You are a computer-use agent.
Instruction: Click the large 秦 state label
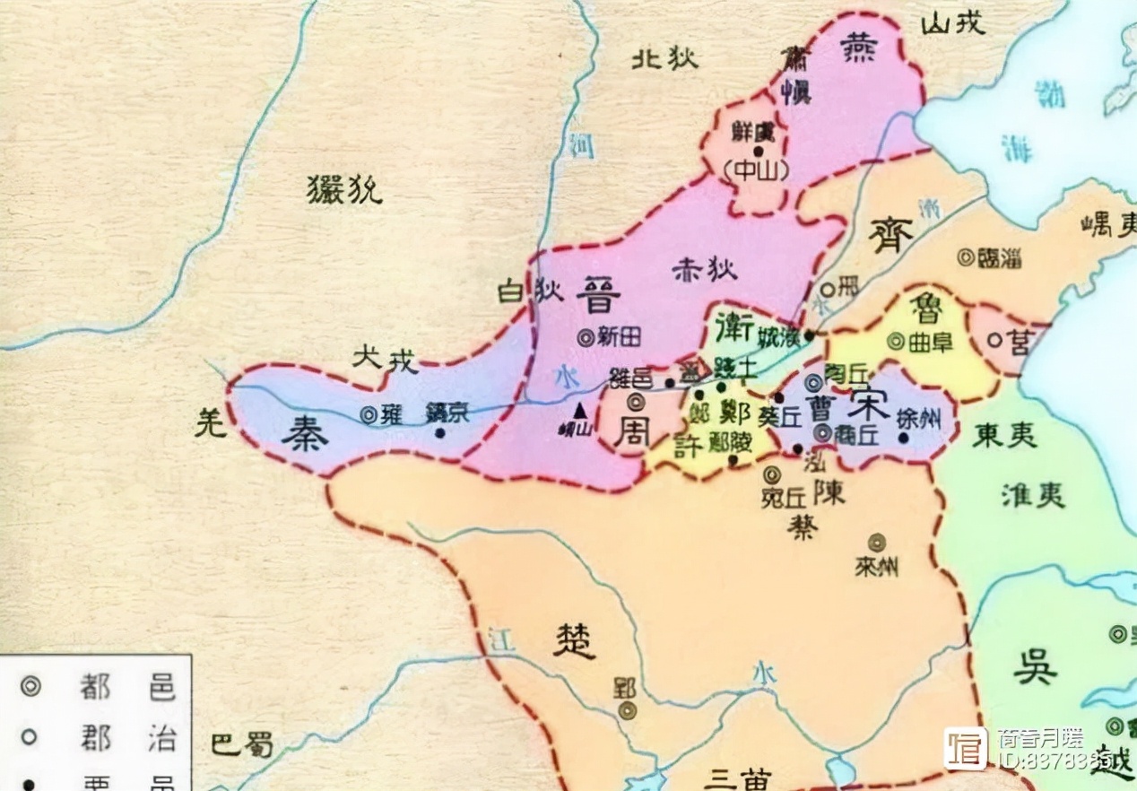(x=305, y=435)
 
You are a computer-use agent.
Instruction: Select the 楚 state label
(x=574, y=640)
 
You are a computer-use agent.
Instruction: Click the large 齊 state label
(x=890, y=235)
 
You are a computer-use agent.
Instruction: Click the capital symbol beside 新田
(x=586, y=337)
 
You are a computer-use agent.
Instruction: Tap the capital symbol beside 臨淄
(x=966, y=257)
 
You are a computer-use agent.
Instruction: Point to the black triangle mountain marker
(x=581, y=410)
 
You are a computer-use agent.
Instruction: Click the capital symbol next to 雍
(x=369, y=414)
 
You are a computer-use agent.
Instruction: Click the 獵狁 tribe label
(x=344, y=190)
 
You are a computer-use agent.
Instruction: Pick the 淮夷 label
(x=1033, y=494)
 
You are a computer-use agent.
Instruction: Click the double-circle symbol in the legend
(x=31, y=688)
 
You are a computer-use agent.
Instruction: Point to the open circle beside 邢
(x=828, y=289)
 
